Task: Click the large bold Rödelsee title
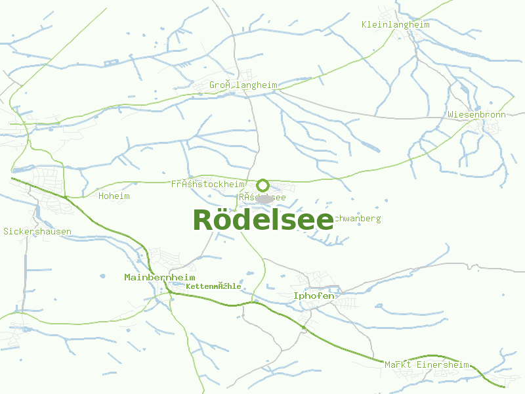(263, 220)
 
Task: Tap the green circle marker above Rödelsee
(263, 185)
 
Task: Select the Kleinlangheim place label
(395, 25)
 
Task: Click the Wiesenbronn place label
(476, 114)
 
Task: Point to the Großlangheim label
(243, 85)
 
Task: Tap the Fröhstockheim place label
(208, 185)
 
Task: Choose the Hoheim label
(114, 196)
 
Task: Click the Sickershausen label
(37, 232)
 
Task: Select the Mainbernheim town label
(159, 278)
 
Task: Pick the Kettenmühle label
(213, 287)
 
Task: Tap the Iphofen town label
(314, 296)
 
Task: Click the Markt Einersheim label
(427, 365)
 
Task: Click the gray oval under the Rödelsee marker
(265, 199)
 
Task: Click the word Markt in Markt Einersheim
(398, 365)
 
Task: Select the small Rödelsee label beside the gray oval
(262, 197)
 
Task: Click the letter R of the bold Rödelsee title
(204, 220)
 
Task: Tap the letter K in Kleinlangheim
(364, 25)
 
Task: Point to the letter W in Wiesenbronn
(451, 114)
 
